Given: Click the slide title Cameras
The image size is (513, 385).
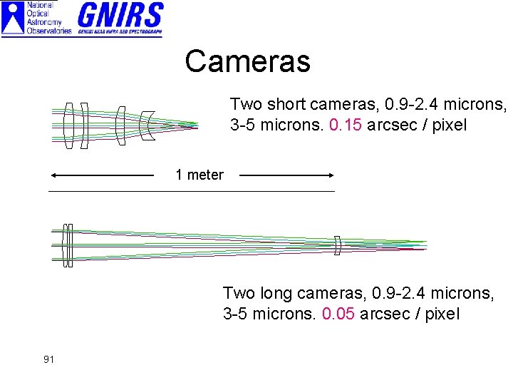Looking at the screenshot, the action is click(x=247, y=61).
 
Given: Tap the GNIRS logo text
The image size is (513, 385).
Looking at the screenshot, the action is click(x=120, y=15).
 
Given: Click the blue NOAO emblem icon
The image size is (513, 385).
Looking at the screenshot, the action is click(x=13, y=18).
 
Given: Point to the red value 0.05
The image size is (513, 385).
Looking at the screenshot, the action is click(x=338, y=314).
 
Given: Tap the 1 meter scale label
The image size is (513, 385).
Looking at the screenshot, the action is click(x=199, y=175).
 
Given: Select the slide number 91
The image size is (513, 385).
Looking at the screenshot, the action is click(x=48, y=359).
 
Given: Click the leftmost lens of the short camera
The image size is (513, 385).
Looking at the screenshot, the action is click(x=68, y=125).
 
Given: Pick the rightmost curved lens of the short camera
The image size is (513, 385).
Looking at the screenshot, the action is click(x=147, y=125).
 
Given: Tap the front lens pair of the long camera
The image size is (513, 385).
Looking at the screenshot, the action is click(x=68, y=245).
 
